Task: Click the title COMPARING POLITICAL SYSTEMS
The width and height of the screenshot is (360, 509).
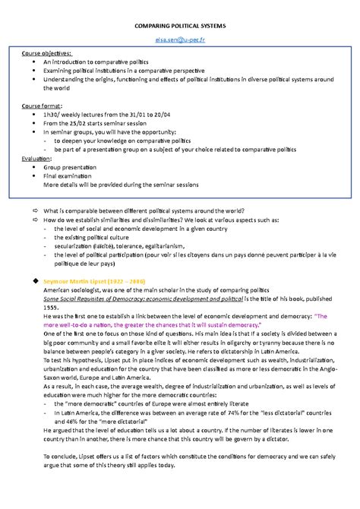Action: coord(179,25)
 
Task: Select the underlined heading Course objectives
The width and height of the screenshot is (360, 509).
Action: coord(47,54)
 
